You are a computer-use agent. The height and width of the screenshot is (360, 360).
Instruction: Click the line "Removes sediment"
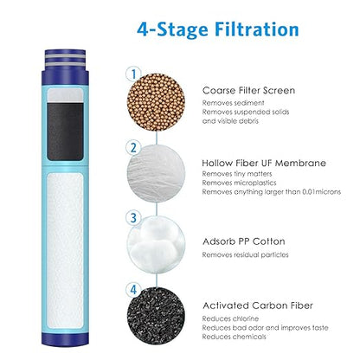click(234, 101)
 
